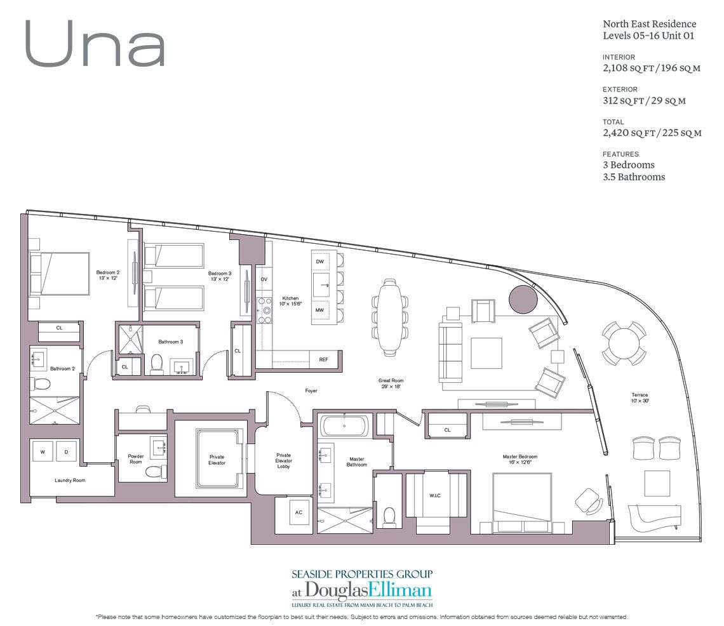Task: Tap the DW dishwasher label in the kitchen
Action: pyautogui.click(x=320, y=262)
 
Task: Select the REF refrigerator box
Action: pyautogui.click(x=323, y=359)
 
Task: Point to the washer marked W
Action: pyautogui.click(x=43, y=451)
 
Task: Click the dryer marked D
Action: pyautogui.click(x=65, y=451)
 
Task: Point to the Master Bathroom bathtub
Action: pyautogui.click(x=344, y=425)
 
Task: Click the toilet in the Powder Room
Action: pyautogui.click(x=154, y=472)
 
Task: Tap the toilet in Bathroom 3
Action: pyautogui.click(x=157, y=363)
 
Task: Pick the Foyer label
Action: pyautogui.click(x=311, y=390)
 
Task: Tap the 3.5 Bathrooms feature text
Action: pyautogui.click(x=633, y=177)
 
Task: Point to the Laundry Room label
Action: pyautogui.click(x=70, y=481)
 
